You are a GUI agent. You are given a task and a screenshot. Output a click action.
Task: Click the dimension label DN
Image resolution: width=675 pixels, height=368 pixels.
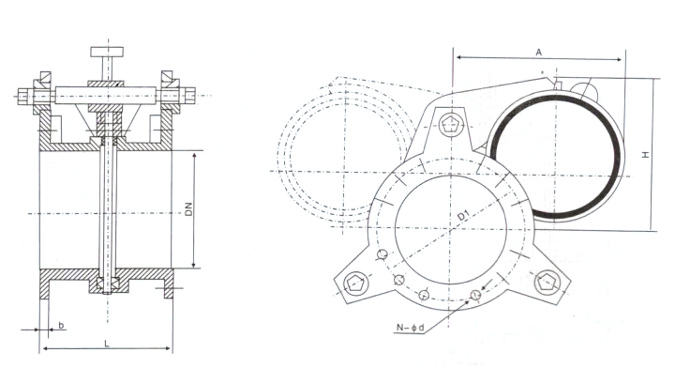188,209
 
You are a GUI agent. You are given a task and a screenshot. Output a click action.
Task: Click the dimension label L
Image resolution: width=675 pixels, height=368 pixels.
107,343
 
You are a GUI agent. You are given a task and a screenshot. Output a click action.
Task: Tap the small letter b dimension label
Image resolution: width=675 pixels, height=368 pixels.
61,325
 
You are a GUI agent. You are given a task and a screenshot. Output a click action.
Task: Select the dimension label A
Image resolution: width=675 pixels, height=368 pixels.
538,53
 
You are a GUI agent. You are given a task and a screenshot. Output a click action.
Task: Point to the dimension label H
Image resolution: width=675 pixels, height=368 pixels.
645,154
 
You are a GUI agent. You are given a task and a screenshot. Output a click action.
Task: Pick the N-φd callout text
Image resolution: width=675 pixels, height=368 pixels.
411,328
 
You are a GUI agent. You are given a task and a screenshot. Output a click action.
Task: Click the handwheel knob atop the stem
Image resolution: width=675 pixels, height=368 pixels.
107,52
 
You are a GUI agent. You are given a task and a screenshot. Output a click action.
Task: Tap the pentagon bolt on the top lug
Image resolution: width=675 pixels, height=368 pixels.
450,126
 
